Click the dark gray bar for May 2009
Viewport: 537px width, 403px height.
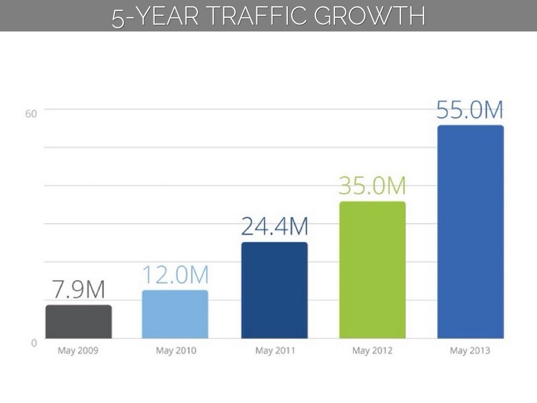point(79,322)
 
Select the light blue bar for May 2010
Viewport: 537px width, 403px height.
point(175,314)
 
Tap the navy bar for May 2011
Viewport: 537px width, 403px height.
point(274,290)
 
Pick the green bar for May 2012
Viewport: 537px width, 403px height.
point(372,270)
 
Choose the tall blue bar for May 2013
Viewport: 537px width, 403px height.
point(470,231)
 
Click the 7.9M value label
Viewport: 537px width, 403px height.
point(78,290)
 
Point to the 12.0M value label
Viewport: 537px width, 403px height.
point(176,275)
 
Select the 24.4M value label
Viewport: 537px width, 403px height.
point(274,227)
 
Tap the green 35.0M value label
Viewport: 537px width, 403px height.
point(372,186)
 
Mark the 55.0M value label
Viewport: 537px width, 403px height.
point(470,111)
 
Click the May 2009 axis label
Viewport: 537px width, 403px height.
point(78,351)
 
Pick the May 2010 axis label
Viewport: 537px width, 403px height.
point(176,351)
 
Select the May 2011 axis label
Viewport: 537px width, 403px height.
point(275,351)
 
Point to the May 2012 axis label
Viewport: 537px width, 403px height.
point(372,351)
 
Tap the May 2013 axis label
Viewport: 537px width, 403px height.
point(470,351)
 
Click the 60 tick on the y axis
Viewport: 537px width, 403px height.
point(31,114)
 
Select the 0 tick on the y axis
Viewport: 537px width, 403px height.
point(34,343)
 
